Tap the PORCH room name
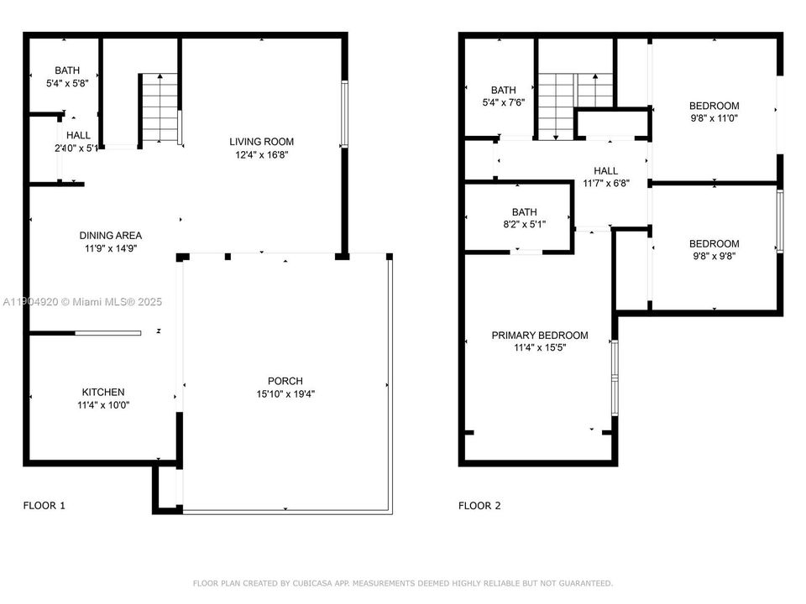pos(285,381)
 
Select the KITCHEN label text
pos(103,392)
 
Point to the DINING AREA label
pos(111,236)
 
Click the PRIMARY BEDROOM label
pos(540,336)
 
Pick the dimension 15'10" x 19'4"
pos(285,393)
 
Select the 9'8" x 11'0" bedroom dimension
pos(714,118)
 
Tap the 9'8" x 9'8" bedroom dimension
pos(714,257)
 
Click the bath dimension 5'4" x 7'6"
pos(504,102)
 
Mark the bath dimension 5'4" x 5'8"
pos(66,83)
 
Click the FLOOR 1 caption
pos(44,506)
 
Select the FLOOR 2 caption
pos(479,506)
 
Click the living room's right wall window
pos(343,114)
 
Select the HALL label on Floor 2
pos(605,171)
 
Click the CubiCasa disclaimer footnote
pos(403,583)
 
